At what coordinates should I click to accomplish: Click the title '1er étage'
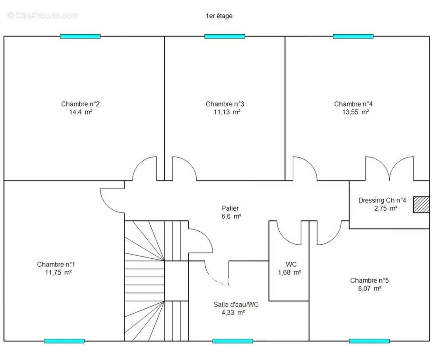click(x=219, y=16)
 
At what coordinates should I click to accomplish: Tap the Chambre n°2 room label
click(x=80, y=104)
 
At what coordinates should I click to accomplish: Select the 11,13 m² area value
click(x=227, y=112)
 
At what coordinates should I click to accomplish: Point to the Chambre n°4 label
click(x=354, y=104)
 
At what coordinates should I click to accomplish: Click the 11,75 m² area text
click(x=59, y=273)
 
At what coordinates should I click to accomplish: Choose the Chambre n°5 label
click(x=369, y=280)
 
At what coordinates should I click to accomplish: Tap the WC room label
click(x=291, y=264)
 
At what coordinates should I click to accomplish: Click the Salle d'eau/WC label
click(x=236, y=305)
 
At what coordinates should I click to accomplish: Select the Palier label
click(x=230, y=208)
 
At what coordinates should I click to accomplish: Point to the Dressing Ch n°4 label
click(x=382, y=200)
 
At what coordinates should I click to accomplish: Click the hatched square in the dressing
click(x=421, y=205)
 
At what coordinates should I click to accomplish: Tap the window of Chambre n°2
click(x=80, y=36)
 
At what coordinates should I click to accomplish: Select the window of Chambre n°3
click(x=225, y=36)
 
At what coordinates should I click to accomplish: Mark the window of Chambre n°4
click(x=353, y=36)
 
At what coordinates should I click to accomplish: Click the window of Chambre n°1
click(x=64, y=341)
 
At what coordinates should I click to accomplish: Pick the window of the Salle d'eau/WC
click(x=233, y=341)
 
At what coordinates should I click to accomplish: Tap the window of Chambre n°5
click(x=369, y=341)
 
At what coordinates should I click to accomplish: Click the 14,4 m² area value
click(x=81, y=112)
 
